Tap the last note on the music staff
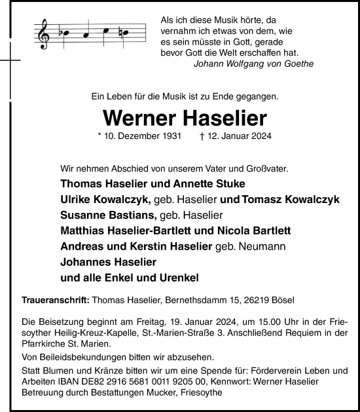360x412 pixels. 124,33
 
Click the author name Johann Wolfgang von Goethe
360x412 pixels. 254,64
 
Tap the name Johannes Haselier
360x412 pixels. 106,262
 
